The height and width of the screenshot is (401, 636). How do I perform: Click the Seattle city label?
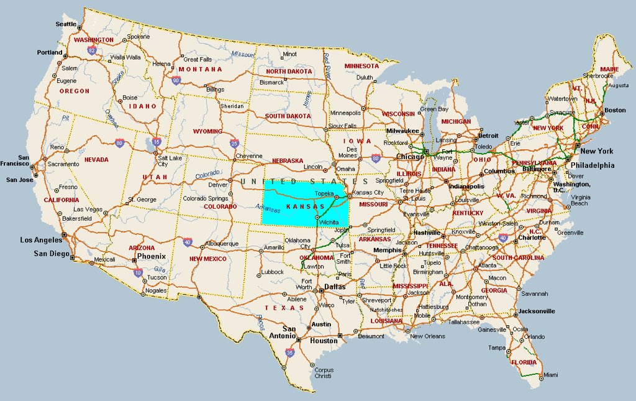coord(66,24)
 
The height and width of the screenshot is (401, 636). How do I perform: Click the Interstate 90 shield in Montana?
coord(176,80)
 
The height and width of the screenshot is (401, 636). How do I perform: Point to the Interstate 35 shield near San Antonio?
coord(290,353)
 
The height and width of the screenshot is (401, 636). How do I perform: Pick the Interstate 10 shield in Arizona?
coord(139,271)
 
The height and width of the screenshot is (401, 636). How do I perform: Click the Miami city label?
coord(550,376)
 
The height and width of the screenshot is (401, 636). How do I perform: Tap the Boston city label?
coord(615,111)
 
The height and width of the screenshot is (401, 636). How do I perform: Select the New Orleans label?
coord(427,336)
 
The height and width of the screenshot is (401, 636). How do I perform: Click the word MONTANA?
coord(200,69)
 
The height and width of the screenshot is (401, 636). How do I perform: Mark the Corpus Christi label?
coord(323,373)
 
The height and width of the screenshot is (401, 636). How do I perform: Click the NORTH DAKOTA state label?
coord(289,71)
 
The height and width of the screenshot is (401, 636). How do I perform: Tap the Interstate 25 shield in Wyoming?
coord(234,144)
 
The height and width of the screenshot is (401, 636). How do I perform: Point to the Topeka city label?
coord(325,193)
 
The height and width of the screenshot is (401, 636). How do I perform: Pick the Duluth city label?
coord(365,78)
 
